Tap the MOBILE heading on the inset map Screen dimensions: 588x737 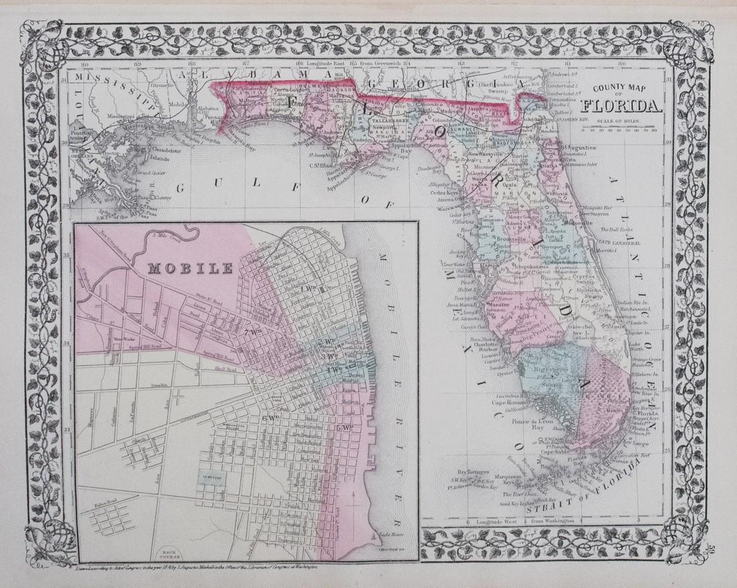click(x=190, y=270)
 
